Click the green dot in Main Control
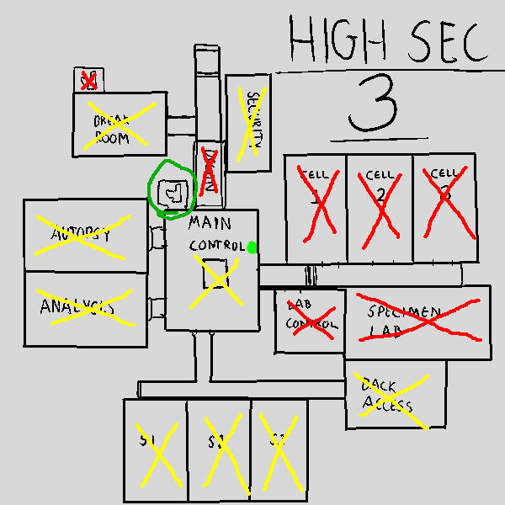(252, 247)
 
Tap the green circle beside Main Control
(172, 189)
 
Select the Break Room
(120, 124)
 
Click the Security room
(248, 122)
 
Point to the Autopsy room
(86, 236)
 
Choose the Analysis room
(86, 307)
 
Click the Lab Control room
(311, 321)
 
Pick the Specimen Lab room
(418, 316)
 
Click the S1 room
(156, 449)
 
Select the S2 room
(219, 449)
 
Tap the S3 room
(279, 449)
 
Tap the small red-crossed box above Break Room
(87, 80)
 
